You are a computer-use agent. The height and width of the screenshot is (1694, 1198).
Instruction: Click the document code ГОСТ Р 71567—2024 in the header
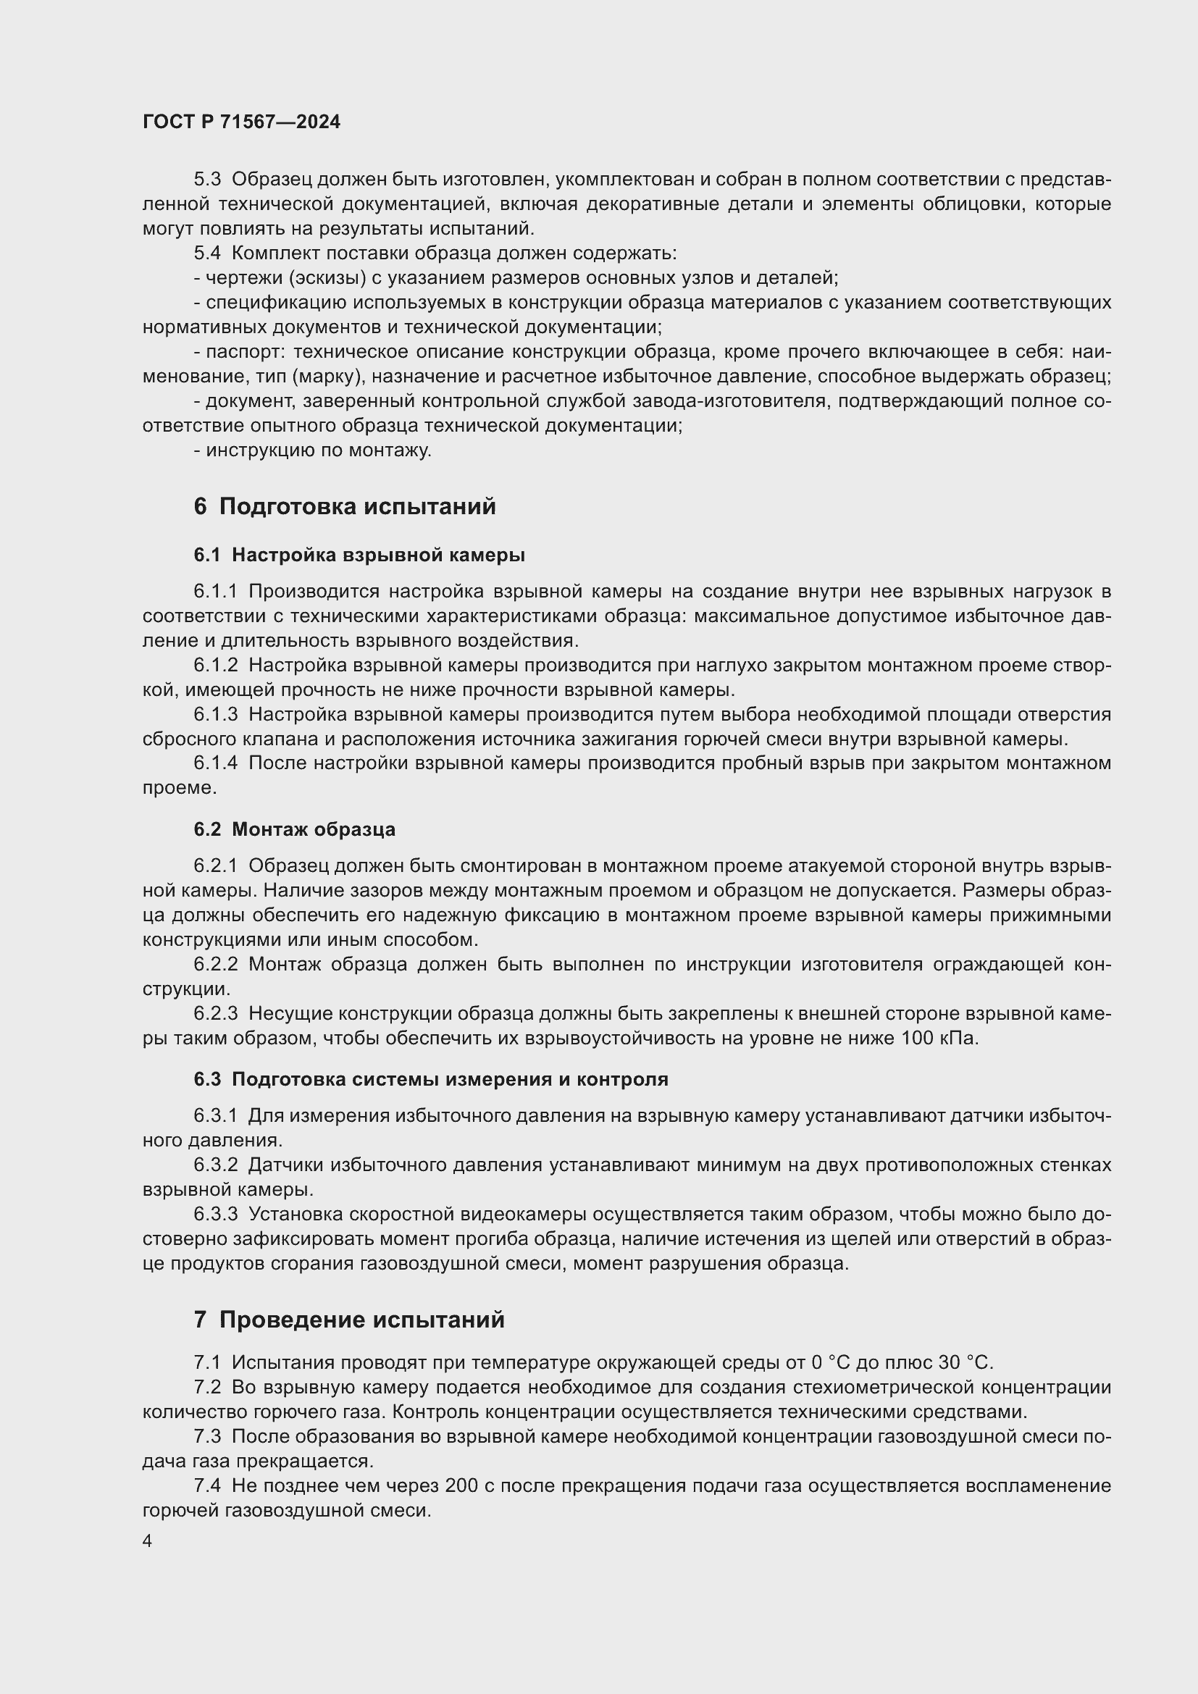[241, 122]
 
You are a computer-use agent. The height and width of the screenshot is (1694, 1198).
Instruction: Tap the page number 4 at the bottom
[148, 1541]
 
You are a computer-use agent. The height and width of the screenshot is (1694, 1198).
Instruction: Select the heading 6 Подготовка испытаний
[345, 507]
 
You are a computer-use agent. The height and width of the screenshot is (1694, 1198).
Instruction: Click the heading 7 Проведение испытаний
[349, 1319]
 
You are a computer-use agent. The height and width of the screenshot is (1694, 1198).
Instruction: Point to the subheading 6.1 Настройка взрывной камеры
[359, 555]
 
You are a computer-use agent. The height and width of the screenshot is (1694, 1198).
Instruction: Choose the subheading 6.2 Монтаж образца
[294, 829]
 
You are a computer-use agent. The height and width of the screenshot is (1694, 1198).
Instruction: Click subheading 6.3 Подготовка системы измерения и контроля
[431, 1079]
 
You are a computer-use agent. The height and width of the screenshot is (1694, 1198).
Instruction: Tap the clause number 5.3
[207, 180]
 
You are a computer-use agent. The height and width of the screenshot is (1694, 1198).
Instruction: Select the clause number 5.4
[207, 253]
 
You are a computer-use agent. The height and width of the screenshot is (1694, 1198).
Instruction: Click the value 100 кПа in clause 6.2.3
[939, 1039]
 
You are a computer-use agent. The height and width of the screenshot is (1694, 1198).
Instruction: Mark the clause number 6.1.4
[215, 763]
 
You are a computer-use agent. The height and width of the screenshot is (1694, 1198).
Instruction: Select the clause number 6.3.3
[215, 1214]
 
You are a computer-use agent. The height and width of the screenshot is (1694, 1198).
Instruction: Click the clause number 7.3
[207, 1436]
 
